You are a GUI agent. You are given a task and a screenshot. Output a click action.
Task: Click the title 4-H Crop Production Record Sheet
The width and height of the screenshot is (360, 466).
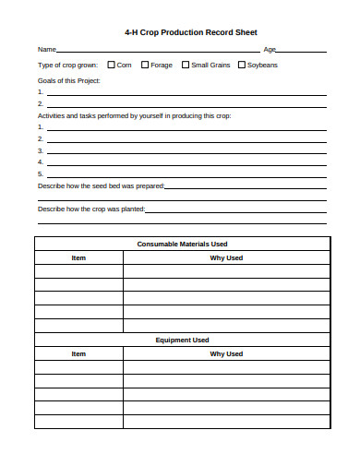click(x=183, y=31)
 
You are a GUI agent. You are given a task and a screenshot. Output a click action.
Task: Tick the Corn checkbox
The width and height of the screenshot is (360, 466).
click(x=111, y=65)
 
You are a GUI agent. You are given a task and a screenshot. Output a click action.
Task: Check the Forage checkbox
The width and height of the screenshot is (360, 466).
click(x=145, y=65)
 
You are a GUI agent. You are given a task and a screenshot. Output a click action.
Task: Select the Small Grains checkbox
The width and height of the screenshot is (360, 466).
click(x=185, y=65)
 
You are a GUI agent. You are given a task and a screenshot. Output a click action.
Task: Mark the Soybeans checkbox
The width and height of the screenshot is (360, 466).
click(x=242, y=65)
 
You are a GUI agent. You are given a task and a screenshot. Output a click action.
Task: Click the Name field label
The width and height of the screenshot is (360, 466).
click(x=46, y=49)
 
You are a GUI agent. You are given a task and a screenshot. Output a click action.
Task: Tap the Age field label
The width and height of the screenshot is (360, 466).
click(x=270, y=49)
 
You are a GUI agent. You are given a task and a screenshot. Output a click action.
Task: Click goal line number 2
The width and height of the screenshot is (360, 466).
click(x=185, y=104)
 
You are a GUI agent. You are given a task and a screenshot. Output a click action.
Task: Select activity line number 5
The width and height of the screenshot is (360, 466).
click(x=185, y=173)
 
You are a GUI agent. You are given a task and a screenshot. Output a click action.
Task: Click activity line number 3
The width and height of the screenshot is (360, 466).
click(x=185, y=150)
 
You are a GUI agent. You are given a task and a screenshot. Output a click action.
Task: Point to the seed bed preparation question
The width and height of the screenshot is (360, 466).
click(x=101, y=185)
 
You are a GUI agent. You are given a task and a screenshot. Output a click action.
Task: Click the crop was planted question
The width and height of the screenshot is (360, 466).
click(x=91, y=209)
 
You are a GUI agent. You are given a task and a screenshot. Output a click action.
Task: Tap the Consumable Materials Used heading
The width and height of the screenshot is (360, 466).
click(x=182, y=244)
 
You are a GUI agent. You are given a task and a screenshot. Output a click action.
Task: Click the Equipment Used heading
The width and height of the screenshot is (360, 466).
click(x=182, y=340)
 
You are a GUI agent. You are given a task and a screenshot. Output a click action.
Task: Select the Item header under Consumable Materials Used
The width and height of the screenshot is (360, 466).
click(x=78, y=257)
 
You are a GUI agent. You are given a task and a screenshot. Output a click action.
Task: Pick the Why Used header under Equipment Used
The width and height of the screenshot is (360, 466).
click(x=226, y=353)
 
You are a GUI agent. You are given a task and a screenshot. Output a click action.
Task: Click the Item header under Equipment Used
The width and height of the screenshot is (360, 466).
click(x=78, y=353)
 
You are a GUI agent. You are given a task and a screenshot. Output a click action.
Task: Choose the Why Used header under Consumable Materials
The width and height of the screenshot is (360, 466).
click(x=226, y=257)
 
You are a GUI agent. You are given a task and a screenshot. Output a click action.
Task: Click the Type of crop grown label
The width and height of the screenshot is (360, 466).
click(x=67, y=65)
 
